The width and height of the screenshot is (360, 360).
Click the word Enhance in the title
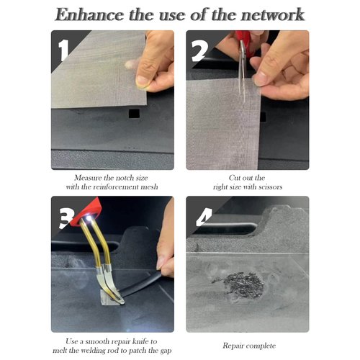[x=89, y=14]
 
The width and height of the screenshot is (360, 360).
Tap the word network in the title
[x=273, y=14]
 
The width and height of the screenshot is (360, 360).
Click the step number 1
[x=63, y=50]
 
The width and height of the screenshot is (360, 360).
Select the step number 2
[x=199, y=50]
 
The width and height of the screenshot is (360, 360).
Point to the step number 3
[x=66, y=217]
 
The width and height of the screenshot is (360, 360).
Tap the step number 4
[x=204, y=217]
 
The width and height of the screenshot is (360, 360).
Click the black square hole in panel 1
[x=134, y=113]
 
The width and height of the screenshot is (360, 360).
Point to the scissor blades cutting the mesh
[x=243, y=72]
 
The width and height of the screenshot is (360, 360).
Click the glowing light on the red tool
[x=89, y=218]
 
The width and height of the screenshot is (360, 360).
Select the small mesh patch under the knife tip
[x=109, y=297]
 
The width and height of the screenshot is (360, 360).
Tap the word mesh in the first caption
[x=149, y=187]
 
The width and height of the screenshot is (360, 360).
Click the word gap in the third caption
[x=166, y=351]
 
